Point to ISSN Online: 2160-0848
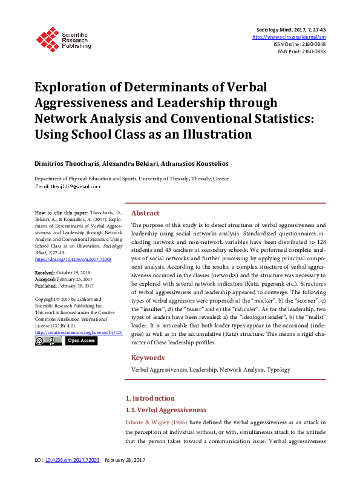tap(299, 44)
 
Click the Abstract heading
tap(145, 213)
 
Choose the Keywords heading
tap(148, 357)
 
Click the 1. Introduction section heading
tap(150, 398)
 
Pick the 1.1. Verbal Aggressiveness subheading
tap(165, 410)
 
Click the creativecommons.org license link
tap(79, 332)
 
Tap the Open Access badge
tap(81, 341)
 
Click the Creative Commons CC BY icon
tap(48, 341)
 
